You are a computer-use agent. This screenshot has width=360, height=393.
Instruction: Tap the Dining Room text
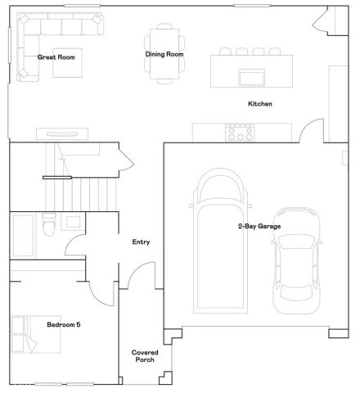164,55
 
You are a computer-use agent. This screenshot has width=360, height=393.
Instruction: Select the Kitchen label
259,104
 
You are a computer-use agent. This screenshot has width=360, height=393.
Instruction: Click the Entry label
141,242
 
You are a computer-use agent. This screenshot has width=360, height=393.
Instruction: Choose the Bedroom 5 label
63,325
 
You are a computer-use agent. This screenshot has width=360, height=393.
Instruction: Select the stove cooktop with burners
240,132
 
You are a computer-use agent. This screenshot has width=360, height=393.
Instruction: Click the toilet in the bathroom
49,224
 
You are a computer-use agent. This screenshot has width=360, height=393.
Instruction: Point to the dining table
164,56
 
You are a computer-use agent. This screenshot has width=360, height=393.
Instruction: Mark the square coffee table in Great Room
68,64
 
